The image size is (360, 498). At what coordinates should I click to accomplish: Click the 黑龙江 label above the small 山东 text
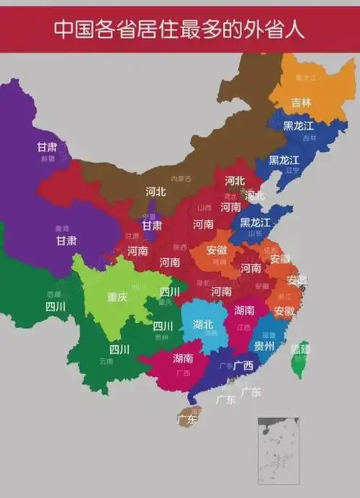click(x=256, y=222)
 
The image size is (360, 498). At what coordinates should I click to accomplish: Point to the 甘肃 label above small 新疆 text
click(x=48, y=147)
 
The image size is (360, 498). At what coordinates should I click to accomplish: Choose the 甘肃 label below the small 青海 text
click(x=67, y=241)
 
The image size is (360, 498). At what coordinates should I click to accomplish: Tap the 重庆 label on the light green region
click(x=117, y=297)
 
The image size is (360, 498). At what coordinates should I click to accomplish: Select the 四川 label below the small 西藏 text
click(x=55, y=306)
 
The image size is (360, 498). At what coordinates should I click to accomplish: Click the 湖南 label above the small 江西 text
click(x=245, y=311)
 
